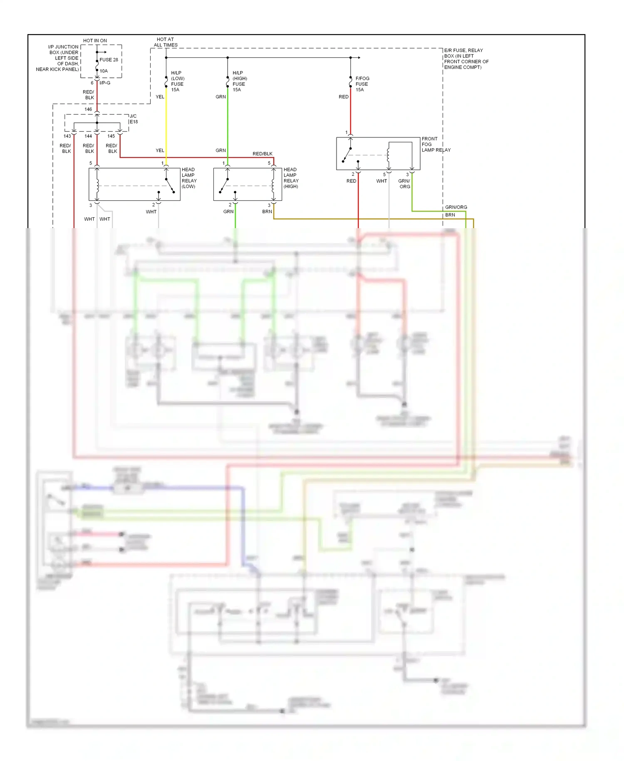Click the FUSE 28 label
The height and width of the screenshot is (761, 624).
(x=109, y=60)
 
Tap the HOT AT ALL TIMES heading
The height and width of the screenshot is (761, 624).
(x=166, y=42)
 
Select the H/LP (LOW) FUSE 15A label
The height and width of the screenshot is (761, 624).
(x=178, y=81)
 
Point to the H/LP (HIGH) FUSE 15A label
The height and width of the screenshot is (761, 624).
(x=239, y=81)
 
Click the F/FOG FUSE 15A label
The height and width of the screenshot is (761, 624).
(x=362, y=84)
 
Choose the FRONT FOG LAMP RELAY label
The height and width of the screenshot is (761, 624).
(x=435, y=144)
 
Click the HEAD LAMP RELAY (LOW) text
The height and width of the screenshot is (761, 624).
(x=189, y=178)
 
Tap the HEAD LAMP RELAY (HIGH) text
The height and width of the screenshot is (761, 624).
(x=291, y=178)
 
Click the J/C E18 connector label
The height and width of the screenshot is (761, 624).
(x=134, y=119)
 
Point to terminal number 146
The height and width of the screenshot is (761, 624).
(x=88, y=109)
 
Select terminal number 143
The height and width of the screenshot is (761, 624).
(x=67, y=136)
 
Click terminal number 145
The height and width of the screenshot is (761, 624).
(x=111, y=136)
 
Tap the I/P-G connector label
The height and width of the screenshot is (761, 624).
(x=105, y=83)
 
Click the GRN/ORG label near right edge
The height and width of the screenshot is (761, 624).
(x=456, y=207)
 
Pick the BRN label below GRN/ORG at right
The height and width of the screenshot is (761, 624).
(x=450, y=215)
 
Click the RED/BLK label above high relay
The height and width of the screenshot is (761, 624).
(x=262, y=154)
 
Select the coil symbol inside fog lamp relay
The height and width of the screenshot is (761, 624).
(x=388, y=155)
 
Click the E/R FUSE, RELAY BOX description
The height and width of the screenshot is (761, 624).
(x=466, y=59)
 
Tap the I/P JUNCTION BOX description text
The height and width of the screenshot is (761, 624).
(x=58, y=58)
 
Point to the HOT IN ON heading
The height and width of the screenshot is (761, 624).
(x=95, y=41)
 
